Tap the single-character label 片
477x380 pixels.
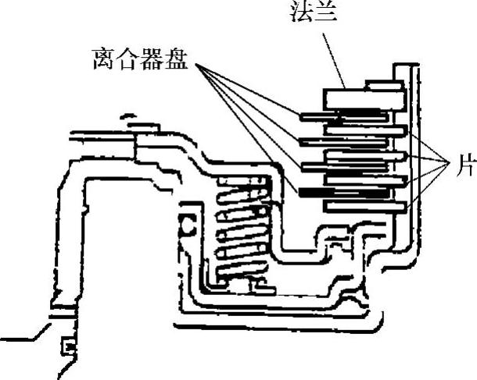pyautogui.click(x=464, y=166)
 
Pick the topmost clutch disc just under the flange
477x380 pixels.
pyautogui.click(x=344, y=116)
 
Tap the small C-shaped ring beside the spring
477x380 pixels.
pyautogui.click(x=188, y=226)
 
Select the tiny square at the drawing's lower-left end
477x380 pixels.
pyautogui.click(x=68, y=345)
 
